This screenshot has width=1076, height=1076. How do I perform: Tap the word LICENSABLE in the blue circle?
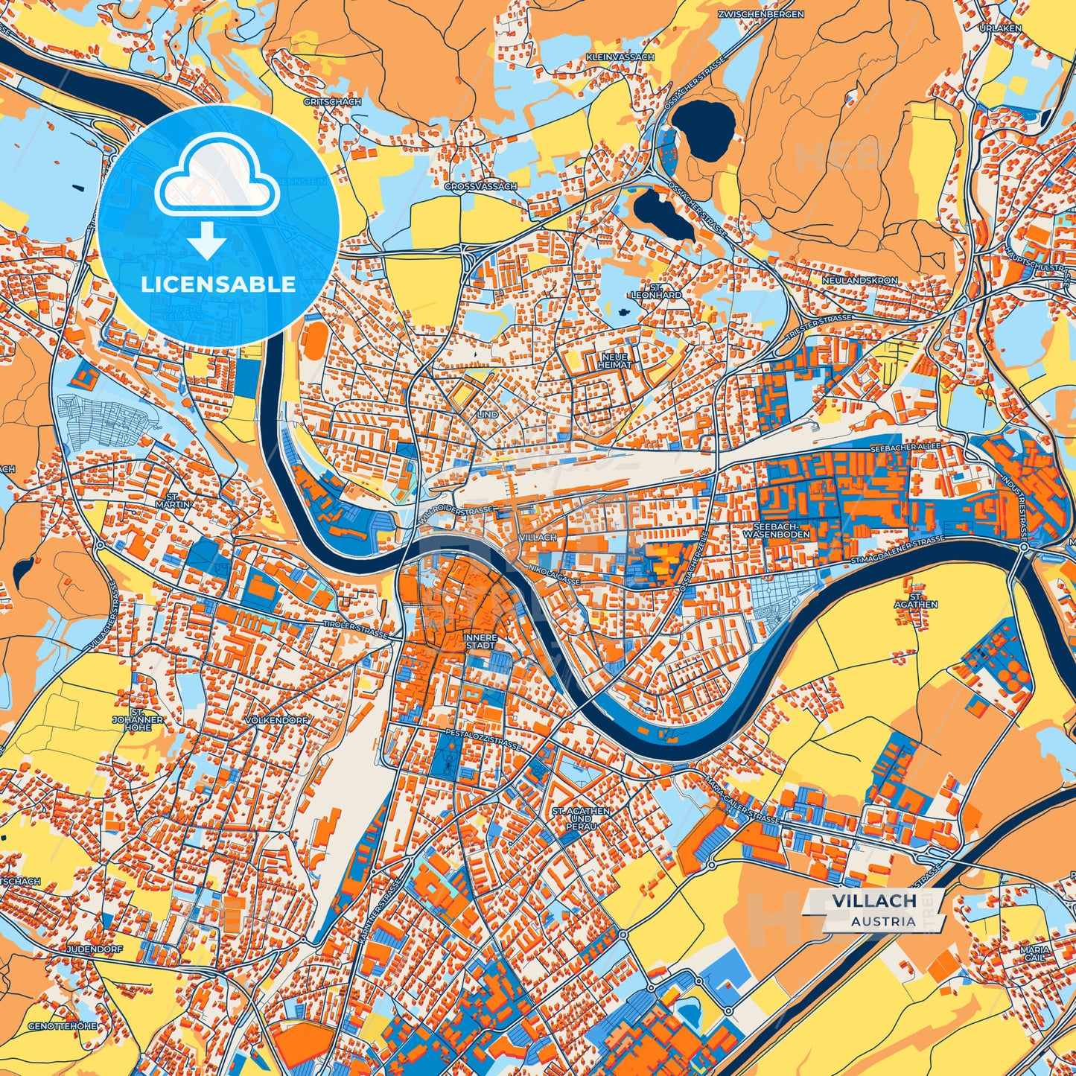point(219,284)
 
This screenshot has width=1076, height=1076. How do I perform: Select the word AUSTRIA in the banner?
point(884,921)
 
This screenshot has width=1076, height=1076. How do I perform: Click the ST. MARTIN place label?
point(178,500)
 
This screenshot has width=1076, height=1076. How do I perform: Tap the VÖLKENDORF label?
point(276,721)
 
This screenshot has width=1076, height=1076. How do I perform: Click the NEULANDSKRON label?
point(860,281)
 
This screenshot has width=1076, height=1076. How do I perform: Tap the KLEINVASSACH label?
point(620,57)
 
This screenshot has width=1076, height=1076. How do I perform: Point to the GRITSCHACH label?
point(331,101)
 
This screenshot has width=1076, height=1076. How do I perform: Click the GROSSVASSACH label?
point(480,186)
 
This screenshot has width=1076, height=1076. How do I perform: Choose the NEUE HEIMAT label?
point(615,360)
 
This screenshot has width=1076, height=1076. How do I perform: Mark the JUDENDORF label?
point(94,950)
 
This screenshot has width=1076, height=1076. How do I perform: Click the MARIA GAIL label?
point(1035,954)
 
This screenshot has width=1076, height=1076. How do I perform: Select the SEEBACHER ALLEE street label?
point(905,448)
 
